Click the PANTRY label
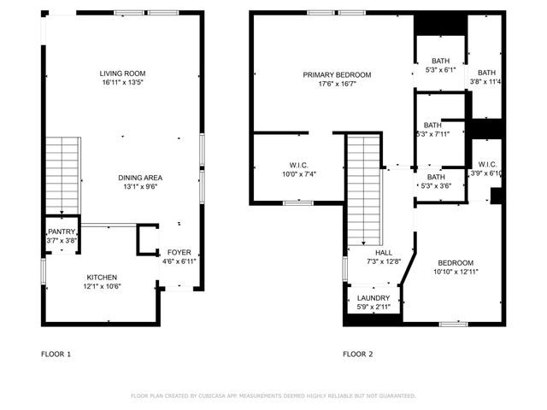pos(62,232)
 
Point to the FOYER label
pos(179,253)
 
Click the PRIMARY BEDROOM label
pos(334,74)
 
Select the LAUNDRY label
pos(373,298)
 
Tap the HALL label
pos(384,253)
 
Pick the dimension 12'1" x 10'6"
pos(102,286)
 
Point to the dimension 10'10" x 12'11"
pos(456,272)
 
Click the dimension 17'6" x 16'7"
pos(334,84)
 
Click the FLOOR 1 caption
pos(56,353)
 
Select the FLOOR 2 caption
pos(358,353)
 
